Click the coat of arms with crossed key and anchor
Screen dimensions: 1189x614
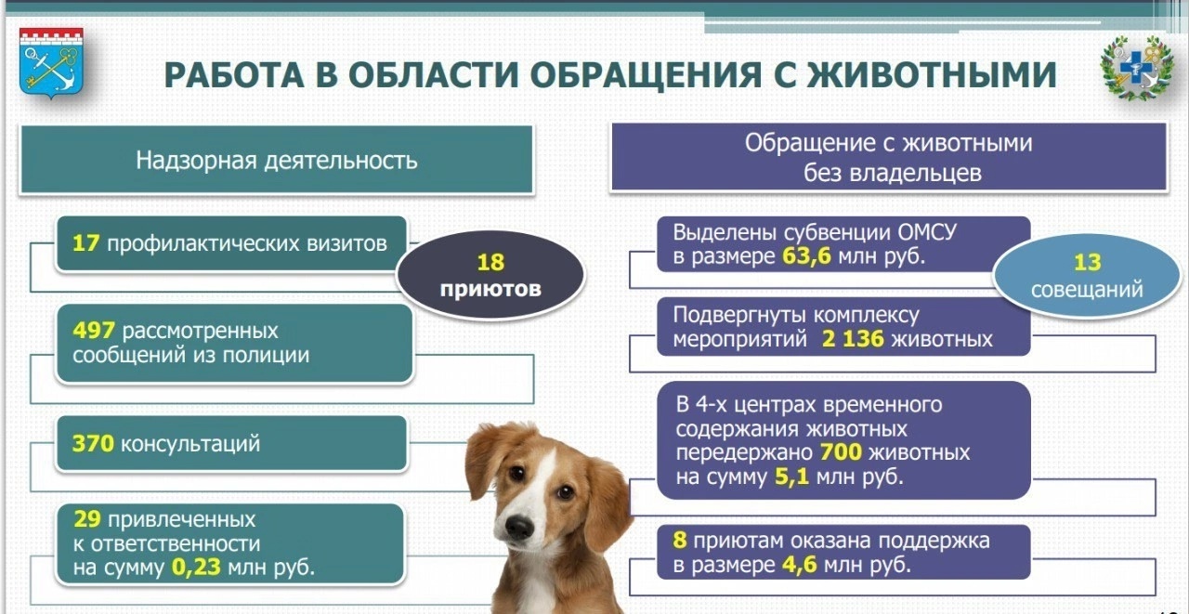51,63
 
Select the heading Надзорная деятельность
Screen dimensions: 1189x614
277,161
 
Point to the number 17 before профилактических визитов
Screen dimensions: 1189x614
86,243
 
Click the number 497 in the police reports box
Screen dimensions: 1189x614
94,331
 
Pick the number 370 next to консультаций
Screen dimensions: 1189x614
93,444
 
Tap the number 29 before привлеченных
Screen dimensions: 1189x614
87,519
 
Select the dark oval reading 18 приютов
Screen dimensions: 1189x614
490,275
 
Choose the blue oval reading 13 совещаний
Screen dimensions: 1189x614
1087,276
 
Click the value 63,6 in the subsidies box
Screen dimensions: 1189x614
807,256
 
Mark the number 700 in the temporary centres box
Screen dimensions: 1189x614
841,452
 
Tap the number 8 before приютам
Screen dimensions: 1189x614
680,541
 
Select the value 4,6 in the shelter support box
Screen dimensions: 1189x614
800,565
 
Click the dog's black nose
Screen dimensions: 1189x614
519,526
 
